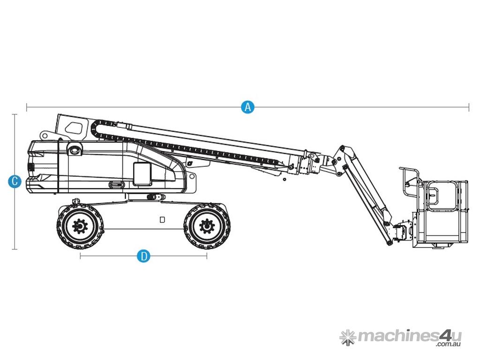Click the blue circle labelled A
tap(247, 107)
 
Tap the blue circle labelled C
tap(15, 181)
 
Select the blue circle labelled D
tap(143, 255)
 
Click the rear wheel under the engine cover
tap(80, 226)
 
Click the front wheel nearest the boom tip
tap(207, 226)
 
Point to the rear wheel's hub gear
tap(80, 226)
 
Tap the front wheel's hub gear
tap(207, 226)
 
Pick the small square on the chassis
tap(162, 219)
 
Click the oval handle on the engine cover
tap(117, 185)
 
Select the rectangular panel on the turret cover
tap(142, 174)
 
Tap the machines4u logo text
tap(409, 336)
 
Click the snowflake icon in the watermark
tap(348, 337)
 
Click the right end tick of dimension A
tap(469, 107)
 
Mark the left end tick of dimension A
tap(27, 107)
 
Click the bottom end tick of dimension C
tap(15, 249)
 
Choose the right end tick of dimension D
tap(207, 255)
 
